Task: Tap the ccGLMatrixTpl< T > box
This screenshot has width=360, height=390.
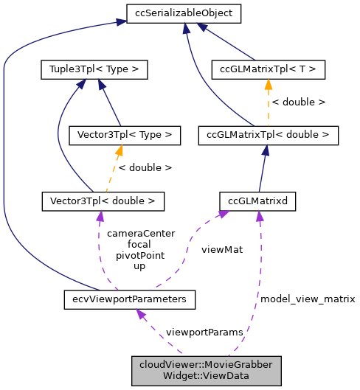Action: click(x=268, y=70)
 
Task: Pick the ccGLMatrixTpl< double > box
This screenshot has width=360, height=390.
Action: click(x=269, y=135)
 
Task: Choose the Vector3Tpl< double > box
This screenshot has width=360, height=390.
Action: click(x=103, y=200)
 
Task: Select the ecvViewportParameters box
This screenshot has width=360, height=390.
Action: click(x=130, y=299)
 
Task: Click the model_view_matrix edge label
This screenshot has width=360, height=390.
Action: click(x=308, y=299)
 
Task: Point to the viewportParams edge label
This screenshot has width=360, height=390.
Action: click(x=204, y=332)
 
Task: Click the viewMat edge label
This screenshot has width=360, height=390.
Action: click(x=221, y=249)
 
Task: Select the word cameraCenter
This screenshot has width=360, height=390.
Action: click(x=141, y=233)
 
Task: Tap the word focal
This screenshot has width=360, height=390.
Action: click(x=139, y=244)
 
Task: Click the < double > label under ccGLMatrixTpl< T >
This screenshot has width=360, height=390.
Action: click(x=299, y=102)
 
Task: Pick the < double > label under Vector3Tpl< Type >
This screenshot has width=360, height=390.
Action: click(x=145, y=167)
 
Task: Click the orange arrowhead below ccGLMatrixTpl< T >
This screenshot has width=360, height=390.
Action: click(x=268, y=84)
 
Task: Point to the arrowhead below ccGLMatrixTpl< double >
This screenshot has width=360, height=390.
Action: click(x=265, y=150)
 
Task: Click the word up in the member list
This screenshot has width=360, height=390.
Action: click(x=139, y=266)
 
